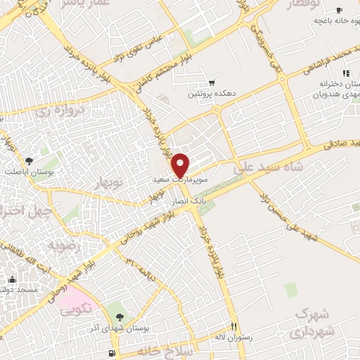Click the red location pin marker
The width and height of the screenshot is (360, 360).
[181, 165]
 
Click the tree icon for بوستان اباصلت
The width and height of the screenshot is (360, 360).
[28, 161]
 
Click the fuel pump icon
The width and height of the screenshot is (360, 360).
[111, 352]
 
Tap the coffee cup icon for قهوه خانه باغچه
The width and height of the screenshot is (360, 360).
[340, 10]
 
